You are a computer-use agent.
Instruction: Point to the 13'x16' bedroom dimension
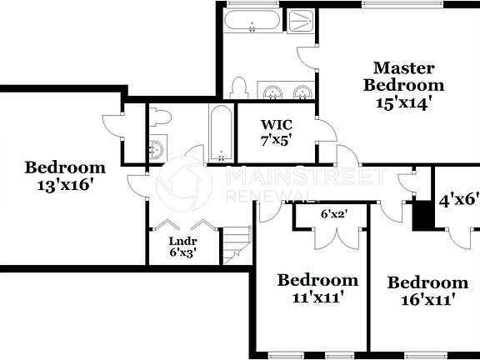[x=64, y=184]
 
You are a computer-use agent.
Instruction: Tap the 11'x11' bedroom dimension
[x=317, y=297]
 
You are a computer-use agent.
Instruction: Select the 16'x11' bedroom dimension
[x=427, y=299]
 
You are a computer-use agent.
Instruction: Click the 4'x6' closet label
[x=459, y=199]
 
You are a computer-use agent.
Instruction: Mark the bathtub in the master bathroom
[x=253, y=21]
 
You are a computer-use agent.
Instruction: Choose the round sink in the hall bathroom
[x=156, y=150]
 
